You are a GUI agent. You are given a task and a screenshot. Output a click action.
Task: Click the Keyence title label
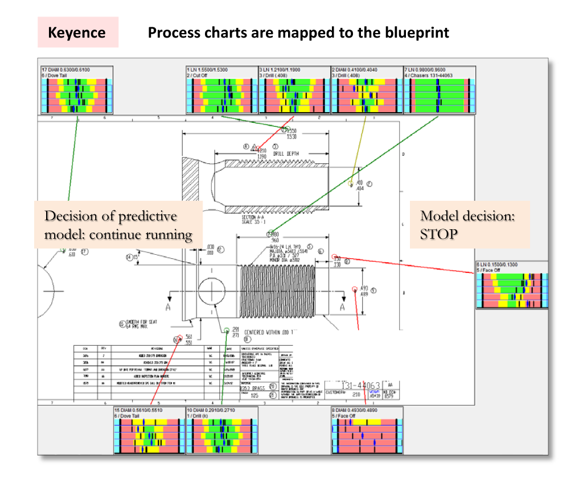[77, 32]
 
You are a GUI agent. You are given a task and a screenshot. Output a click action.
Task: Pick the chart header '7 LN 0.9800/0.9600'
[425, 69]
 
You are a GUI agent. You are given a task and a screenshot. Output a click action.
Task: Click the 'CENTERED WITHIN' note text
[268, 332]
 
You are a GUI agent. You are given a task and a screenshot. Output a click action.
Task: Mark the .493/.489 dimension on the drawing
[364, 290]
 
